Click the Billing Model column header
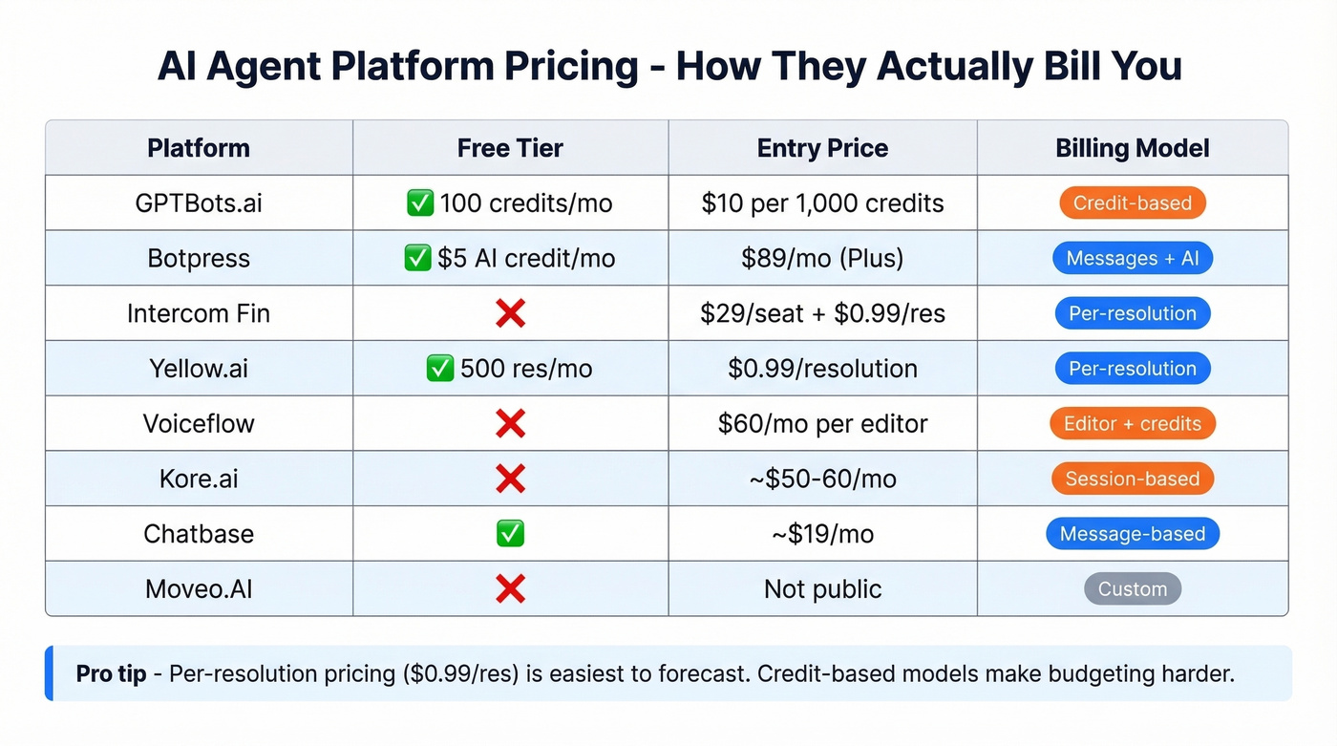point(1132,148)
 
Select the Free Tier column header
point(510,148)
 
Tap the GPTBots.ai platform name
point(199,203)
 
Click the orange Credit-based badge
point(1132,203)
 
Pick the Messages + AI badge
point(1132,259)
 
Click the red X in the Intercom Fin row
point(510,313)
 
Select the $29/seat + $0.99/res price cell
point(822,313)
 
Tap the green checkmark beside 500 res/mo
point(439,369)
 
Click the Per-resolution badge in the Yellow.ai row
point(1132,369)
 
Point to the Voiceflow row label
point(199,424)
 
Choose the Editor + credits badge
point(1132,424)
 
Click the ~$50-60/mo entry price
point(822,479)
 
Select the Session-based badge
point(1132,479)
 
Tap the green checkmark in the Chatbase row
point(510,534)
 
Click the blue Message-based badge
point(1132,534)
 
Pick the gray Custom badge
point(1132,589)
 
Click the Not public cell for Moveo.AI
point(822,589)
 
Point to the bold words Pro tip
point(111,673)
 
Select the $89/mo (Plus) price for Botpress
point(822,259)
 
